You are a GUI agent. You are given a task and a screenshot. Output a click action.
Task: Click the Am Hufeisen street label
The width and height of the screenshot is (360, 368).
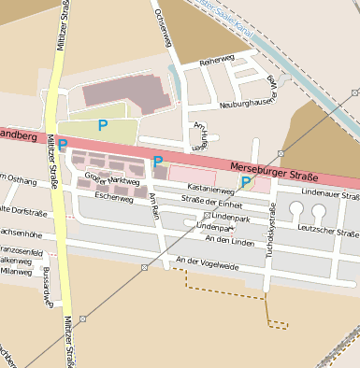pyautogui.click(x=198, y=136)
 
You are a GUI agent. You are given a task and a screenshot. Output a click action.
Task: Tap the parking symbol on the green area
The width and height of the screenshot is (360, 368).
pyautogui.click(x=103, y=124)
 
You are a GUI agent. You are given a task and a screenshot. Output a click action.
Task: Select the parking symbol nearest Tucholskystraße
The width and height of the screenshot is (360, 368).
pyautogui.click(x=246, y=182)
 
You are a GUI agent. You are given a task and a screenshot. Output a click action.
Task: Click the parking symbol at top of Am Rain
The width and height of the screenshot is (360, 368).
pyautogui.click(x=159, y=161)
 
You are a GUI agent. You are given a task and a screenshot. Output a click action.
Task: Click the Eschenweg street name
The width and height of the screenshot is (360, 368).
pyautogui.click(x=113, y=198)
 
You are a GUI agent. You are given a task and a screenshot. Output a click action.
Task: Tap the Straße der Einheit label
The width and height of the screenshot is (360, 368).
pyautogui.click(x=212, y=203)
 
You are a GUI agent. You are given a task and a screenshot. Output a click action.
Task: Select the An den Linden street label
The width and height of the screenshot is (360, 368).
pyautogui.click(x=230, y=240)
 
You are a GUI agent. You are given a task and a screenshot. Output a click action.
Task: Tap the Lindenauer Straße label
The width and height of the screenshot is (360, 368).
pyautogui.click(x=329, y=196)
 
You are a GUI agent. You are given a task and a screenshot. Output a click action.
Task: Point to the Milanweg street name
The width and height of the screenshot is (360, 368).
pyautogui.click(x=16, y=272)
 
